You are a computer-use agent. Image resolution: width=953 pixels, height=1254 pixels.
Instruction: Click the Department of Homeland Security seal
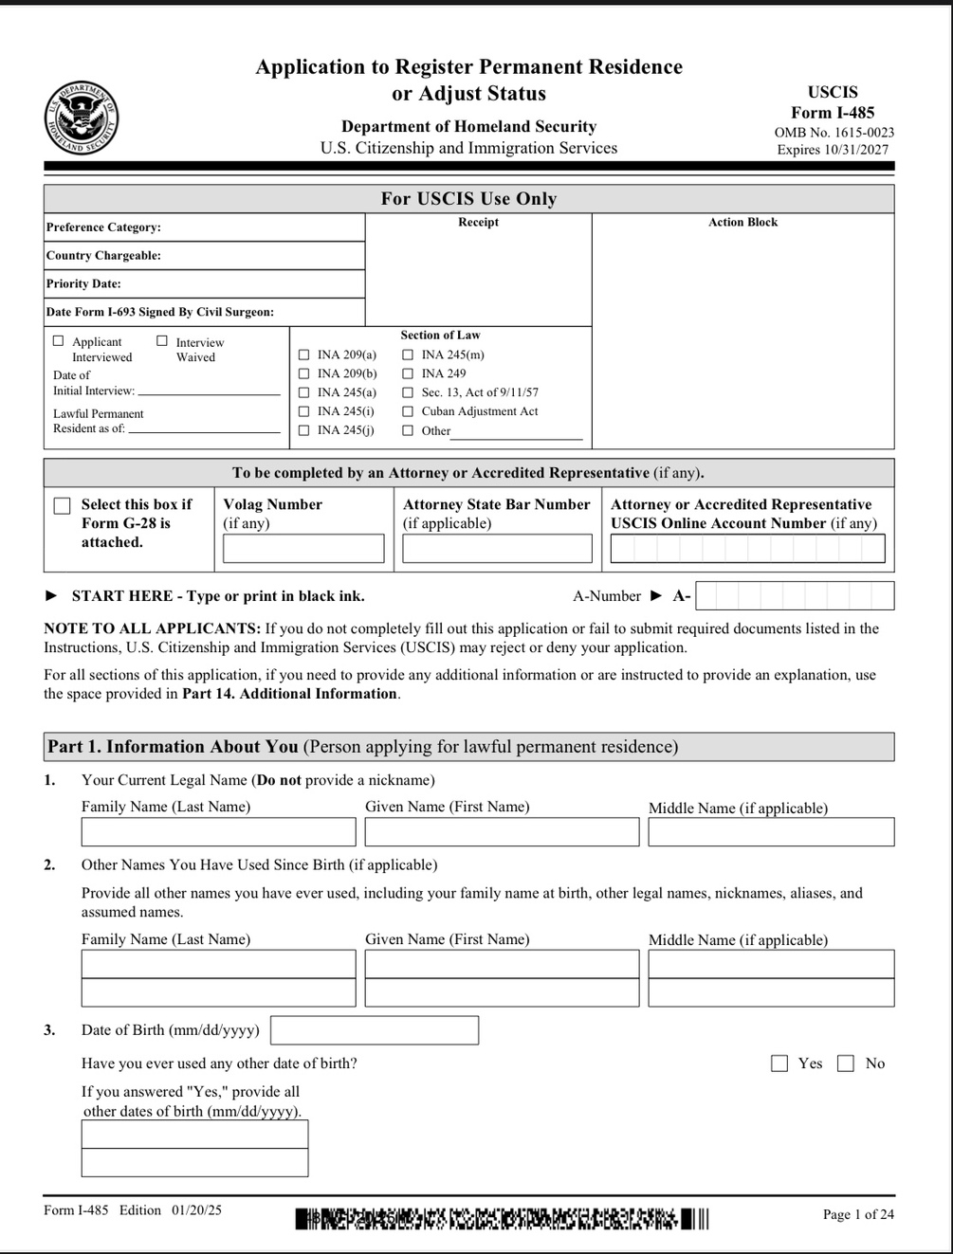[x=81, y=118]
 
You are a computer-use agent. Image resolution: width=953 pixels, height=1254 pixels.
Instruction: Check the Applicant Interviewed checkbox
[x=59, y=341]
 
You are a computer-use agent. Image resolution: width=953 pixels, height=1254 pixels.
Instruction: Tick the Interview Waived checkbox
[x=162, y=341]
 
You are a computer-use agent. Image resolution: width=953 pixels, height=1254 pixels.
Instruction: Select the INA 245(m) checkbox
[x=408, y=354]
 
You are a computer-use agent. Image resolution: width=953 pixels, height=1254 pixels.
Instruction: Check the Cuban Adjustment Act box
[x=408, y=411]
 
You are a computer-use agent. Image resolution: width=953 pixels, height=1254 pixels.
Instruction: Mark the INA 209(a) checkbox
[x=304, y=354]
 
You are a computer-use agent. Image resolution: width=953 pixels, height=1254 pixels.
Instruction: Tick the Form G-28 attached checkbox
[x=63, y=506]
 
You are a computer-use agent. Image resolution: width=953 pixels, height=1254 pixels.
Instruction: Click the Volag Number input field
[x=303, y=548]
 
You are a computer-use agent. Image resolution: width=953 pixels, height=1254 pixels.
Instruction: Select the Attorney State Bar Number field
[x=497, y=548]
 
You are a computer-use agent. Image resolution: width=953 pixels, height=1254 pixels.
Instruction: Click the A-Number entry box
[x=794, y=595]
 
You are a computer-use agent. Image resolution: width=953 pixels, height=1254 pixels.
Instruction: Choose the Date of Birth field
[x=375, y=1030]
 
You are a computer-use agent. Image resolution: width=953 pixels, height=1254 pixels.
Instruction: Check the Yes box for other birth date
[x=779, y=1063]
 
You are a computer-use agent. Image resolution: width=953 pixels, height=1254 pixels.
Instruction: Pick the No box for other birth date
[x=846, y=1063]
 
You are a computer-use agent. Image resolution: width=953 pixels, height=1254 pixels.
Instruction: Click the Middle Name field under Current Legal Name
[x=771, y=832]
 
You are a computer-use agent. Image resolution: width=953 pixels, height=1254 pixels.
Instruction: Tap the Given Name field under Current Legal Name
[x=502, y=832]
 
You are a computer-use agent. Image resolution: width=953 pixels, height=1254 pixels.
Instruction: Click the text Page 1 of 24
[x=858, y=1214]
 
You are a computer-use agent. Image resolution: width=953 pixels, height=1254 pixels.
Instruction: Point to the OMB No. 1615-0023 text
[x=834, y=133]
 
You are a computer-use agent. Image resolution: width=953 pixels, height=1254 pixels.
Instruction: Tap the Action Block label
[x=742, y=222]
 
